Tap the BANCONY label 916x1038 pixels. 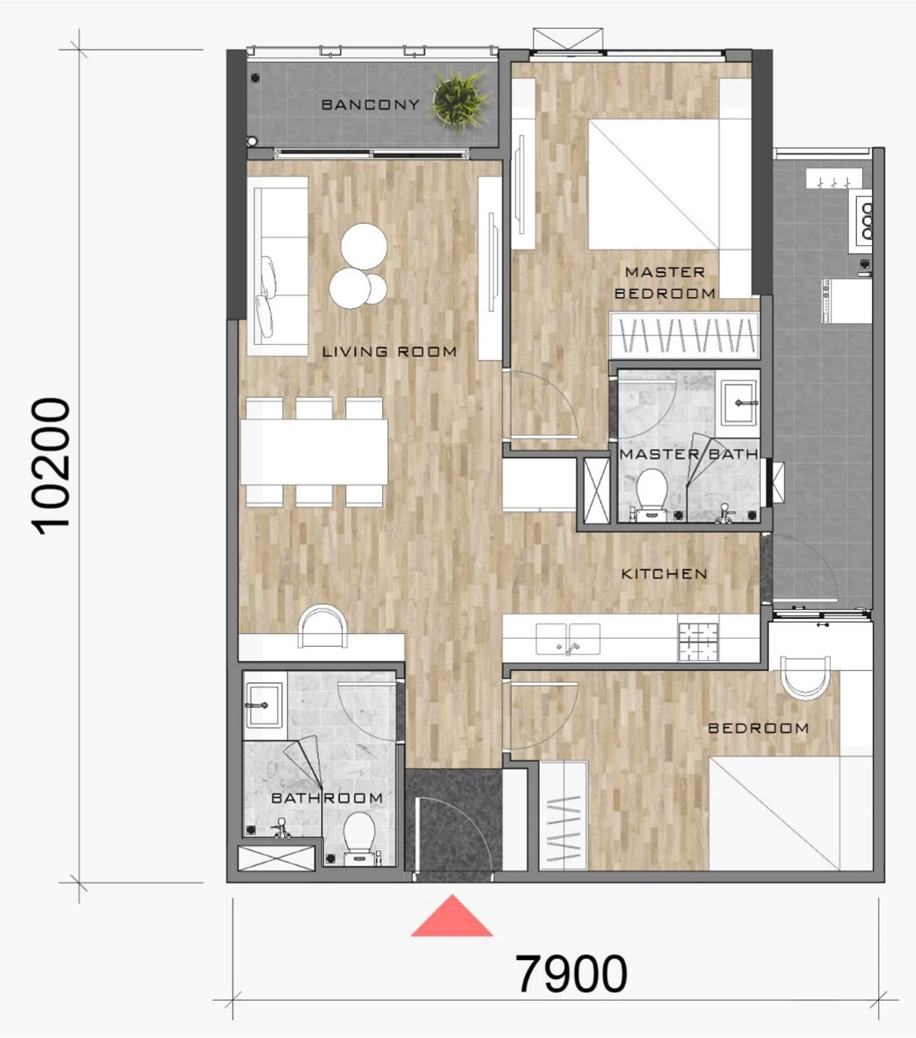click(x=370, y=105)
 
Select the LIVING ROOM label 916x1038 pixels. click(x=389, y=351)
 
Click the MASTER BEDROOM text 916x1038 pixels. click(x=665, y=283)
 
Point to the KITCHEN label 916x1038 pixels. click(x=664, y=573)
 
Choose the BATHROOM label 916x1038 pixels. click(x=327, y=797)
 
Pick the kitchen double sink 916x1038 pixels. click(x=568, y=640)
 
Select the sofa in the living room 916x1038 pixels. click(x=278, y=266)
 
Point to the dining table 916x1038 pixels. click(x=314, y=452)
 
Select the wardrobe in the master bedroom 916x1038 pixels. click(x=684, y=334)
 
